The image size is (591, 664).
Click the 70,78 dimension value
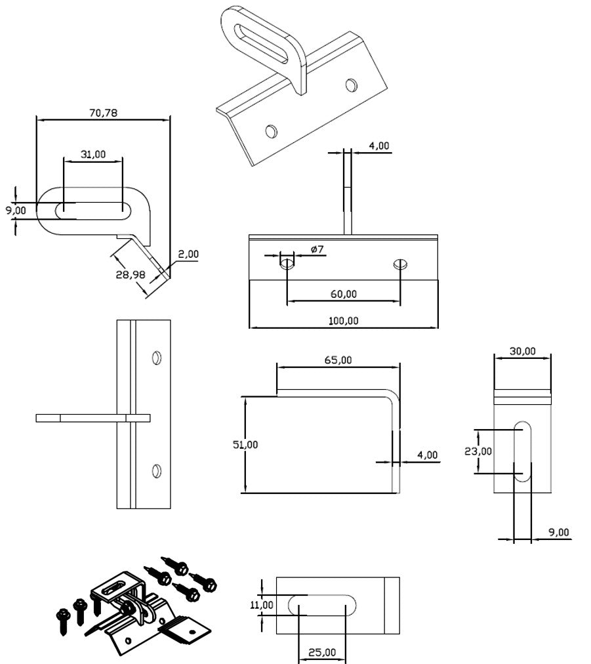(x=102, y=113)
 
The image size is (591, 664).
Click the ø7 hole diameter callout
(x=317, y=249)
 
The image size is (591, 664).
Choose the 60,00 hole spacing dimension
(x=343, y=294)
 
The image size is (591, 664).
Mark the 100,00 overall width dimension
(x=343, y=321)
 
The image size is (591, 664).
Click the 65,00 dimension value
(x=338, y=360)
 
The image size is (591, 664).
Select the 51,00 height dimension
(x=245, y=444)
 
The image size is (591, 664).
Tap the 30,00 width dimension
(x=522, y=351)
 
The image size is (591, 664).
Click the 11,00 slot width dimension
(x=262, y=604)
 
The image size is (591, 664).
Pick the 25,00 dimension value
(x=321, y=652)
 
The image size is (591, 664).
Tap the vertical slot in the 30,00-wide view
(x=523, y=453)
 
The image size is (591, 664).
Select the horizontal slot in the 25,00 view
(x=321, y=605)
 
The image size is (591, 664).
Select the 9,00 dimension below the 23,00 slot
(x=559, y=533)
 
